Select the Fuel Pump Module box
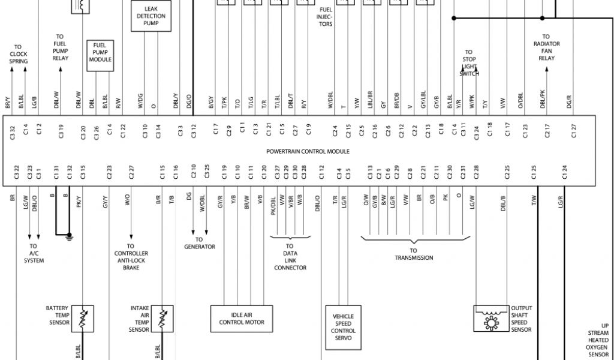pyautogui.click(x=100, y=56)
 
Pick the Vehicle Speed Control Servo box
pyautogui.click(x=343, y=327)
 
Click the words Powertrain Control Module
pyautogui.click(x=308, y=151)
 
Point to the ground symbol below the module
pyautogui.click(x=70, y=237)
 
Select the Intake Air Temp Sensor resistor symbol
pyautogui.click(x=162, y=319)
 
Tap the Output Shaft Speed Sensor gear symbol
pyautogui.click(x=490, y=322)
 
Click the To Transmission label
pyautogui.click(x=413, y=254)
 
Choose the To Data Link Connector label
pyautogui.click(x=290, y=257)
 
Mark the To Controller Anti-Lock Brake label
pyautogui.click(x=131, y=257)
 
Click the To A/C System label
pyautogui.click(x=34, y=253)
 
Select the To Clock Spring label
pyautogui.click(x=18, y=54)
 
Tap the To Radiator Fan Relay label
pyautogui.click(x=546, y=47)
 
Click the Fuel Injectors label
pyautogui.click(x=325, y=17)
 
